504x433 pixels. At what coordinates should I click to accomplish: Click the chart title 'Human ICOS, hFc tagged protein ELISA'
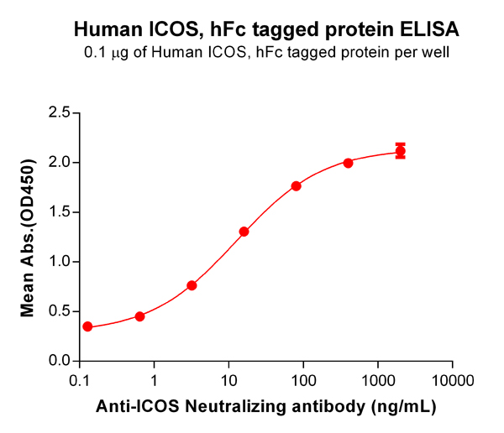266,30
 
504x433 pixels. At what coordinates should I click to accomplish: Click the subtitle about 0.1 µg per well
266,54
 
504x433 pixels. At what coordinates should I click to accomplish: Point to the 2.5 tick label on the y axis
59,112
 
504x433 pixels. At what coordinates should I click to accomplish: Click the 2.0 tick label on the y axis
59,162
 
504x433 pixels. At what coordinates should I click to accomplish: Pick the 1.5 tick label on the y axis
59,211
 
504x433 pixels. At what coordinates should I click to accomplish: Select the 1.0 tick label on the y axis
59,262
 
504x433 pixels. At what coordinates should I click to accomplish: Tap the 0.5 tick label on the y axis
59,311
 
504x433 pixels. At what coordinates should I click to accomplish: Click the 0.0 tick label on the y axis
59,361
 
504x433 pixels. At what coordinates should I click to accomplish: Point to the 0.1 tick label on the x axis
80,380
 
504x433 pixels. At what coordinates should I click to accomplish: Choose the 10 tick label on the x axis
228,380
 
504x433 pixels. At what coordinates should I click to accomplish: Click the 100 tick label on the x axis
303,380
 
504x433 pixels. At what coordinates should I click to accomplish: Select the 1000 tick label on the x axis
378,380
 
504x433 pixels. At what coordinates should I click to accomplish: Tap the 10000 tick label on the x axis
452,380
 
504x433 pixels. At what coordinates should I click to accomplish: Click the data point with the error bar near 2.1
401,151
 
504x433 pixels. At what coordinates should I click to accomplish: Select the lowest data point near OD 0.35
87,326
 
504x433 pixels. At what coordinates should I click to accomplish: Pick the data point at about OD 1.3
244,232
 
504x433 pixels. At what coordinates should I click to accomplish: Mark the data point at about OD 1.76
296,185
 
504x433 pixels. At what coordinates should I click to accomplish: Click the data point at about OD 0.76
192,285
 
